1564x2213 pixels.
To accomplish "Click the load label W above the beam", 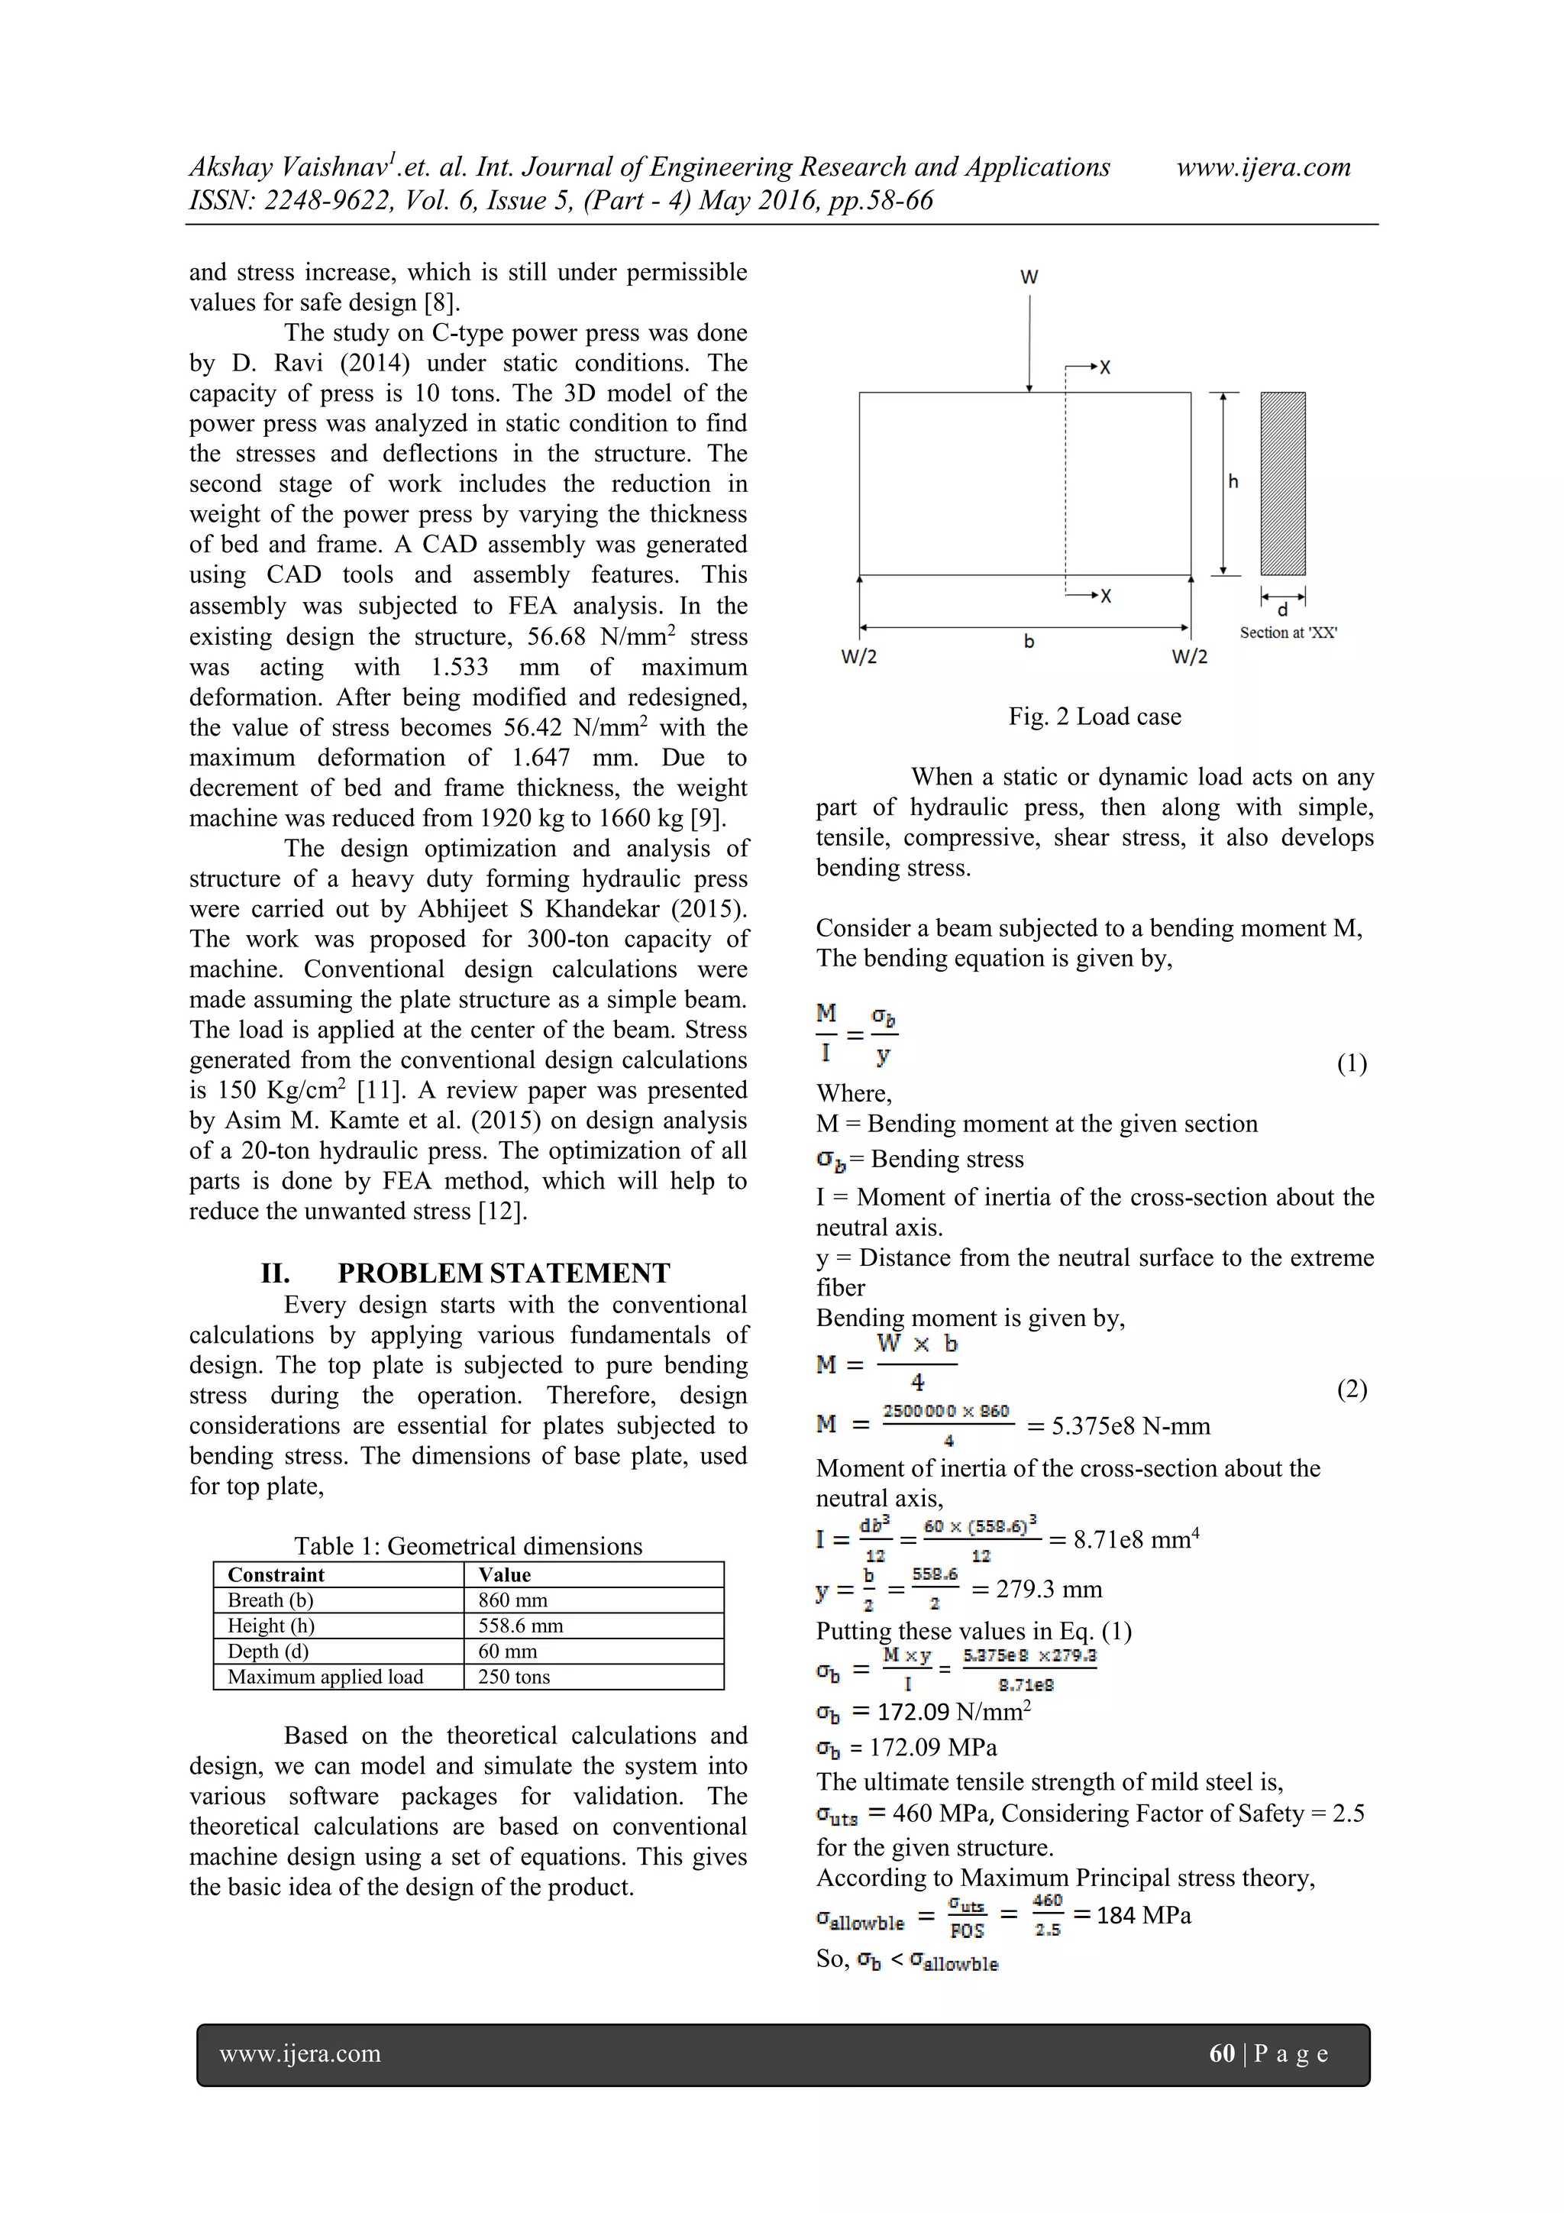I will pyautogui.click(x=1029, y=277).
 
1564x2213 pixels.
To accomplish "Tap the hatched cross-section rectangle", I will pyautogui.click(x=1283, y=484).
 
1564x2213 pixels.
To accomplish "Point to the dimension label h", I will pyautogui.click(x=1233, y=482).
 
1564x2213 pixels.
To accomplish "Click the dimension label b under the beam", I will pyautogui.click(x=1029, y=641).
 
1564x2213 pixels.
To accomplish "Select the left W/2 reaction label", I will pyautogui.click(x=858, y=658).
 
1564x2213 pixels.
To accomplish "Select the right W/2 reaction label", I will pyautogui.click(x=1189, y=658).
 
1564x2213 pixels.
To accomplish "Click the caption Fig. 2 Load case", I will pyautogui.click(x=1094, y=716).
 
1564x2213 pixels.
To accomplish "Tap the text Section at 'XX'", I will pyautogui.click(x=1288, y=633).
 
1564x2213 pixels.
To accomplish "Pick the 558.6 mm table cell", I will pyautogui.click(x=520, y=1625).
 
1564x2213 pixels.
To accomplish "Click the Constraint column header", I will pyautogui.click(x=276, y=1574).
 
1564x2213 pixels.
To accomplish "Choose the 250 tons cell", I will pyautogui.click(x=514, y=1676).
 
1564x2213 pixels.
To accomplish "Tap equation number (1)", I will pyautogui.click(x=1351, y=1063).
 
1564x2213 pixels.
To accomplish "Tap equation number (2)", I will pyautogui.click(x=1351, y=1389).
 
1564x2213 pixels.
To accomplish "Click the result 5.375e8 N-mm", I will pyautogui.click(x=1130, y=1425).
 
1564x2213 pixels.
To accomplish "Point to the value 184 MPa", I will pyautogui.click(x=1143, y=1915).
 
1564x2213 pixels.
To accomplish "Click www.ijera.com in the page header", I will pyautogui.click(x=1263, y=168).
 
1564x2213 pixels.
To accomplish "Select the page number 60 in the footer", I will pyautogui.click(x=1221, y=2053).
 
